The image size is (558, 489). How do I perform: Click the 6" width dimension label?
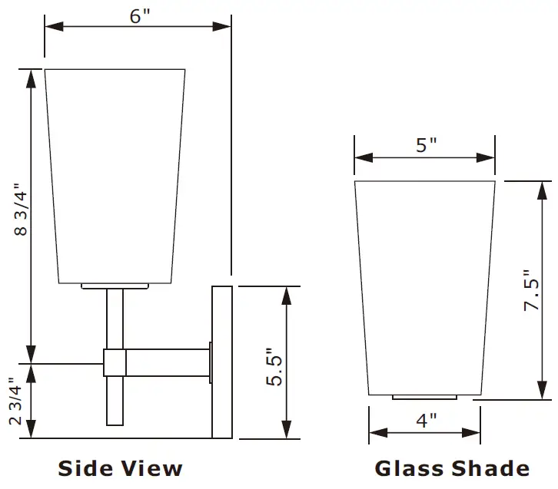coord(138,17)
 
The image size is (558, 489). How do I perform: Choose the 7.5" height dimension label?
coord(533,289)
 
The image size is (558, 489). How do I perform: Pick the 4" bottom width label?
coord(427,421)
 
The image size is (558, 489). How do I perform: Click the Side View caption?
coord(121,468)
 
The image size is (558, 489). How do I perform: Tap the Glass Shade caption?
coord(452,468)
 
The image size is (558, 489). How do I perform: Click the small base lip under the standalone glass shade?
coord(425,398)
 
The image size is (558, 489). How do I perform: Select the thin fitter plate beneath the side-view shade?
coord(115,286)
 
